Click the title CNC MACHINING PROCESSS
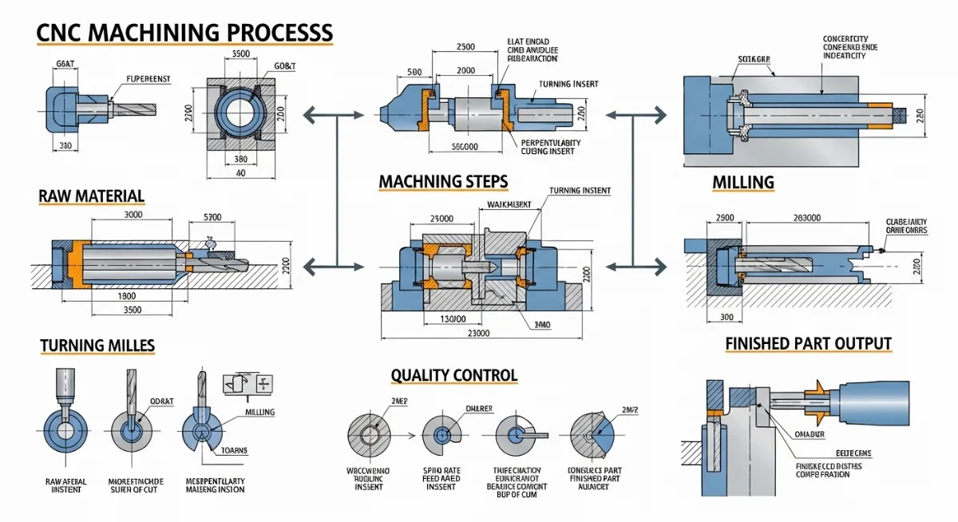coord(184,33)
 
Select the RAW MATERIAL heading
coord(91,196)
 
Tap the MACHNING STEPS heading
coord(443,181)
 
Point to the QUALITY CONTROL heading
coord(453,375)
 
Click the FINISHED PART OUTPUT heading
coord(808,344)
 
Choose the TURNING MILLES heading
coord(97,346)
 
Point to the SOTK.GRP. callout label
coord(754,59)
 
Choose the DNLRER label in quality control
coord(481,408)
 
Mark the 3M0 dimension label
coord(541,325)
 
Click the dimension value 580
coord(414,71)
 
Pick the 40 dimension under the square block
coord(240,172)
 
